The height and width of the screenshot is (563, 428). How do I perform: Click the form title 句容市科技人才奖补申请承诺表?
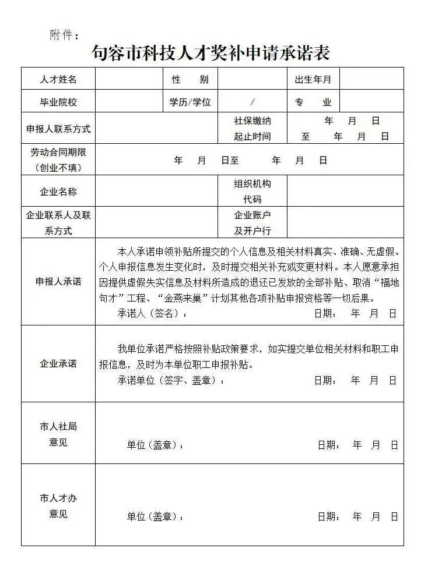[211, 52]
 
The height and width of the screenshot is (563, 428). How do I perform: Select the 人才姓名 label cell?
[58, 79]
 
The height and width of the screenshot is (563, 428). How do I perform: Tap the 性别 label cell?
[190, 79]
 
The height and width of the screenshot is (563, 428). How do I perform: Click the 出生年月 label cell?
[313, 79]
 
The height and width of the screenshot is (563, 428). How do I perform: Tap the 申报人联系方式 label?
[58, 129]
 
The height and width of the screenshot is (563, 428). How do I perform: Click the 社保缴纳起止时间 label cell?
[252, 129]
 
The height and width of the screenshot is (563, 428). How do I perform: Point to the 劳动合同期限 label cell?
[58, 160]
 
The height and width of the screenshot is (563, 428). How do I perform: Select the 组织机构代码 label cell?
[252, 192]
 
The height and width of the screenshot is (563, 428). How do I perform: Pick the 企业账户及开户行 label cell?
[252, 222]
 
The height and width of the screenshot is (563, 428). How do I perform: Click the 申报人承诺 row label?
[58, 281]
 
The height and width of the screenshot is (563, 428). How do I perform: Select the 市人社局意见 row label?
[58, 434]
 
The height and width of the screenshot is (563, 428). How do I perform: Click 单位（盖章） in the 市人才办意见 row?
[155, 516]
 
